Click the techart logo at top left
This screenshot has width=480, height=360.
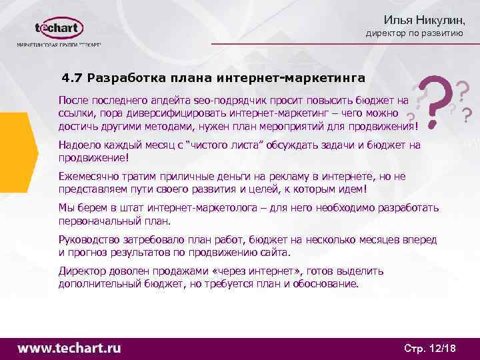coord(59,29)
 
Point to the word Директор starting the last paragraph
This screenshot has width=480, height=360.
coord(82,271)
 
